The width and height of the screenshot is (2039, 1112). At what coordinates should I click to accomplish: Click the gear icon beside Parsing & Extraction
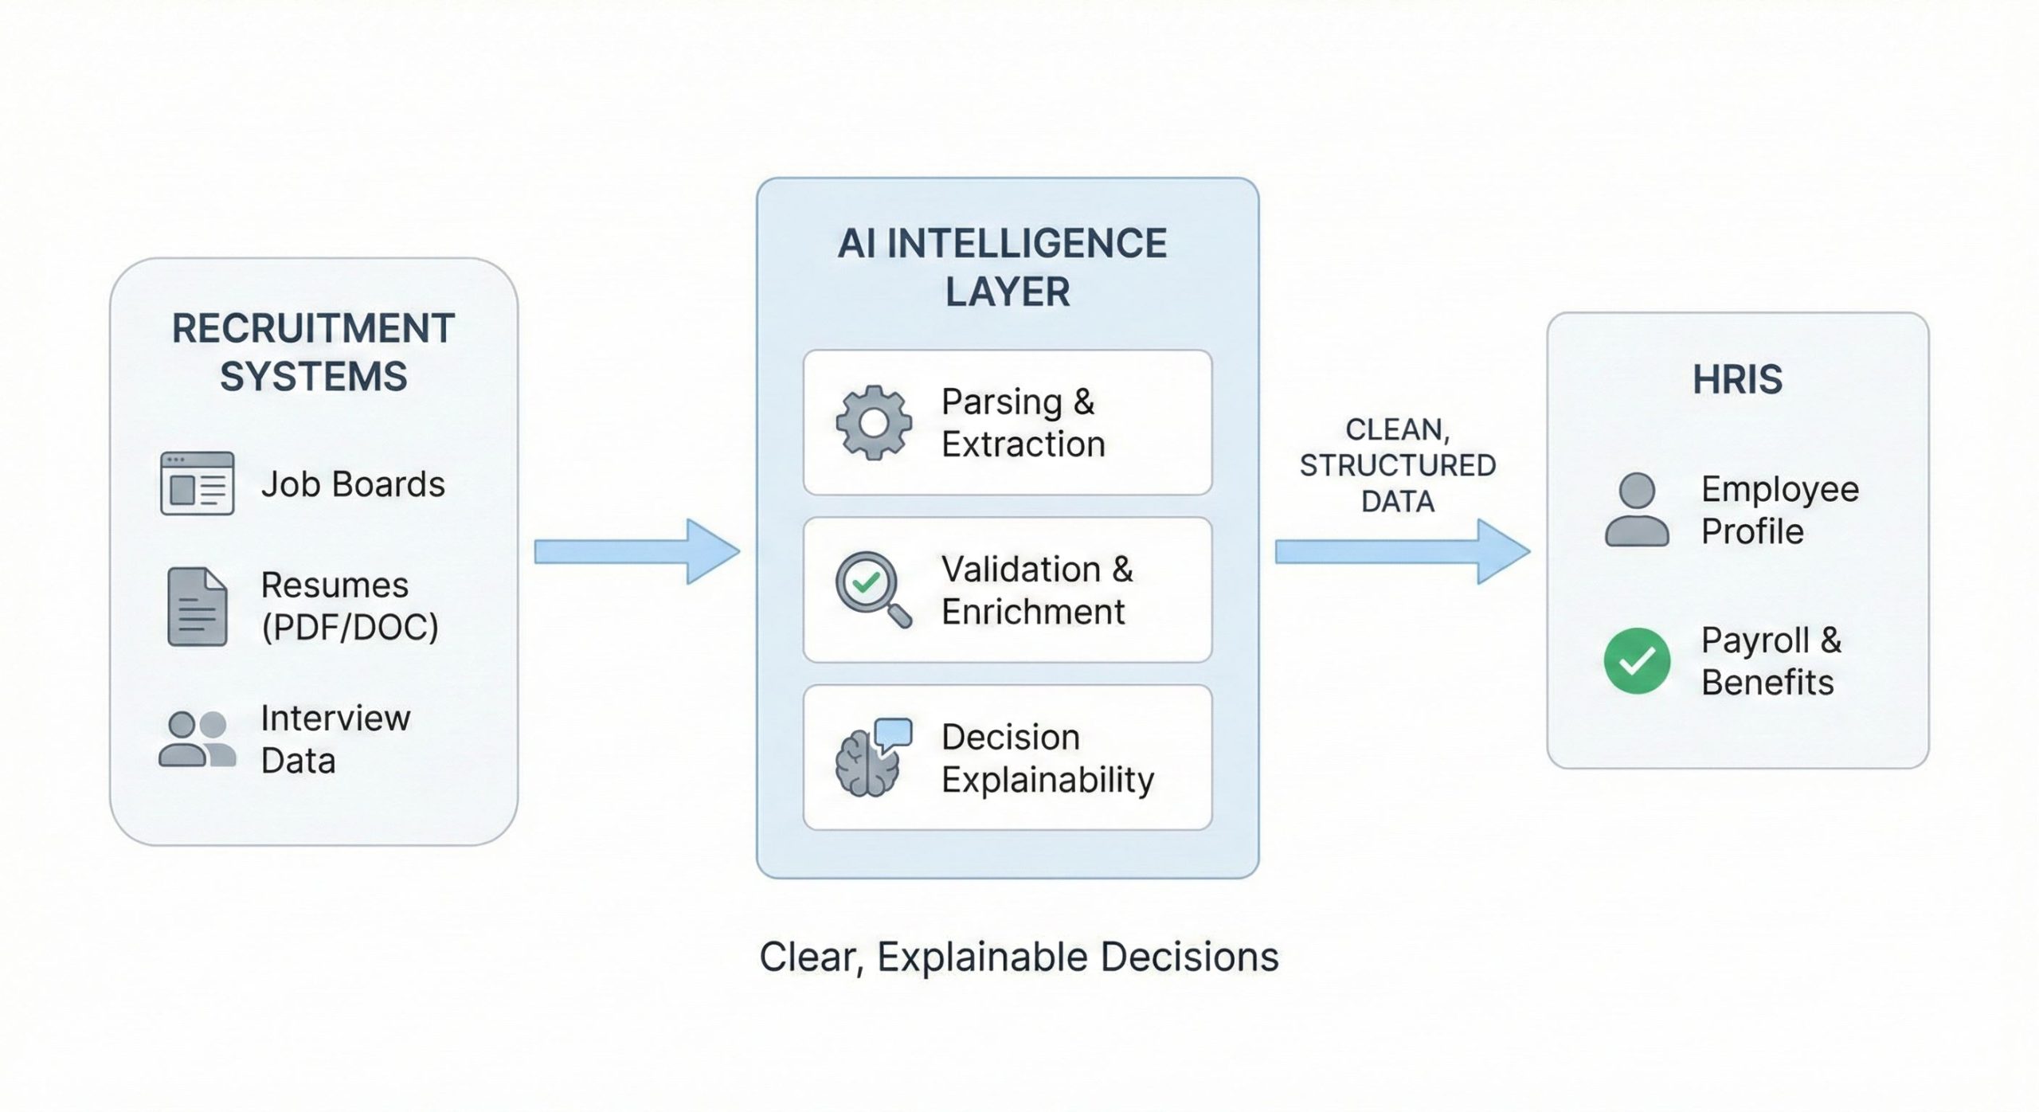[x=874, y=423]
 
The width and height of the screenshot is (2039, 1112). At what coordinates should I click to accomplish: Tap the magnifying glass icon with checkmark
[x=871, y=589]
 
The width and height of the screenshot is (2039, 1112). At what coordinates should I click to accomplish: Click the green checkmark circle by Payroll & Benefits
[x=1637, y=661]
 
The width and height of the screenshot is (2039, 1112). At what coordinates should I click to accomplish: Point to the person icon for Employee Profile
[x=1637, y=510]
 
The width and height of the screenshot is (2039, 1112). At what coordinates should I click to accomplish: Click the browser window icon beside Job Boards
[x=197, y=484]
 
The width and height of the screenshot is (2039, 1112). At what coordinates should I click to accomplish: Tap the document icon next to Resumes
[x=197, y=606]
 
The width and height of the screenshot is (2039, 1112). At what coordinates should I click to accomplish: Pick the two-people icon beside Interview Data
[x=197, y=739]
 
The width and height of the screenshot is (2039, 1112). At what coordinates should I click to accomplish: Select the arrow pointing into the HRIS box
[x=1402, y=551]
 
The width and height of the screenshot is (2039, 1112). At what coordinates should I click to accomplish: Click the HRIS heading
[x=1737, y=379]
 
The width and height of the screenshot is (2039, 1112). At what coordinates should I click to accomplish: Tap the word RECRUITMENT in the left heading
[x=313, y=328]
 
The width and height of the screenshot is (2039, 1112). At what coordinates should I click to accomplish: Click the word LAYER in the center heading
[x=1007, y=292]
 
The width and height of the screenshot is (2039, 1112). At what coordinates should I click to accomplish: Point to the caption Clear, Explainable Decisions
[x=1019, y=957]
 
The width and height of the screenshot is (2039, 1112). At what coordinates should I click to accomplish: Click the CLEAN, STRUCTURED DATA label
[x=1398, y=465]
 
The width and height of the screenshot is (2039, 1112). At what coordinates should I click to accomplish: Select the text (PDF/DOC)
[x=350, y=628]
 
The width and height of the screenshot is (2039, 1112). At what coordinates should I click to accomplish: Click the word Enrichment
[x=1033, y=612]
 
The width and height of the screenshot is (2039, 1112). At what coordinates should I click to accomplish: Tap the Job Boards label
[x=353, y=484]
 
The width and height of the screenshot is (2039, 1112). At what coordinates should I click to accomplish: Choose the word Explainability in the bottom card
[x=1047, y=780]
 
